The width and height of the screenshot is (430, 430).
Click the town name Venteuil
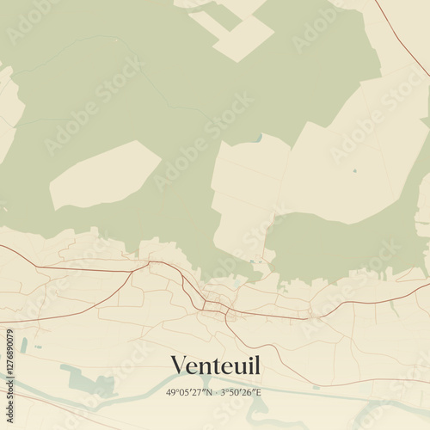pyautogui.click(x=215, y=365)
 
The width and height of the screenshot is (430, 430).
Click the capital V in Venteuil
pyautogui.click(x=178, y=365)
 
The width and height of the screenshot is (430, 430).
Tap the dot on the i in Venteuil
pyautogui.click(x=246, y=356)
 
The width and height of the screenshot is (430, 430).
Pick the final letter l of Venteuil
pyautogui.click(x=256, y=365)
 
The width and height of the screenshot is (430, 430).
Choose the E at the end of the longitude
pyautogui.click(x=259, y=393)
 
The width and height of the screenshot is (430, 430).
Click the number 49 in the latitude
pyautogui.click(x=171, y=393)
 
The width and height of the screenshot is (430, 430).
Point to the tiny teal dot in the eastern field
pyautogui.click(x=353, y=170)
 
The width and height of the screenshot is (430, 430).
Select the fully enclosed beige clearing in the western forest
pyautogui.click(x=103, y=175)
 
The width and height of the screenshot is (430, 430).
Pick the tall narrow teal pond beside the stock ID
pyautogui.click(x=24, y=345)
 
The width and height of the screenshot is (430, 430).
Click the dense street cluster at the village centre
pyautogui.click(x=212, y=305)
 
